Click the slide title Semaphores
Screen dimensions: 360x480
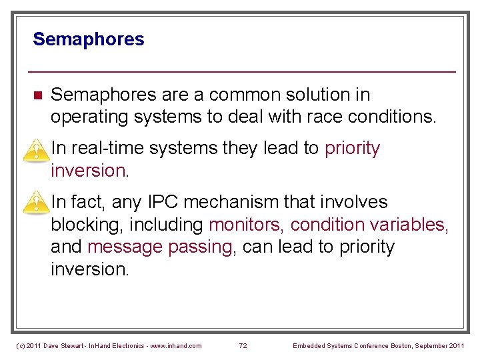coord(88,39)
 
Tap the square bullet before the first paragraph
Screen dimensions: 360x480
coord(37,95)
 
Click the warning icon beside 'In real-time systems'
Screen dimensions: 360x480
coord(32,151)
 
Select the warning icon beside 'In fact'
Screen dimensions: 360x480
coord(32,203)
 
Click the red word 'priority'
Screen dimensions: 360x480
coord(352,148)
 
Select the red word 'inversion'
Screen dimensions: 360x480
coord(87,171)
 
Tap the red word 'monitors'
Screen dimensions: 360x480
coord(247,225)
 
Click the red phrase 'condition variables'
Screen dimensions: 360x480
coord(368,225)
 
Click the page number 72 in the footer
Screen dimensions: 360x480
coord(243,345)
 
